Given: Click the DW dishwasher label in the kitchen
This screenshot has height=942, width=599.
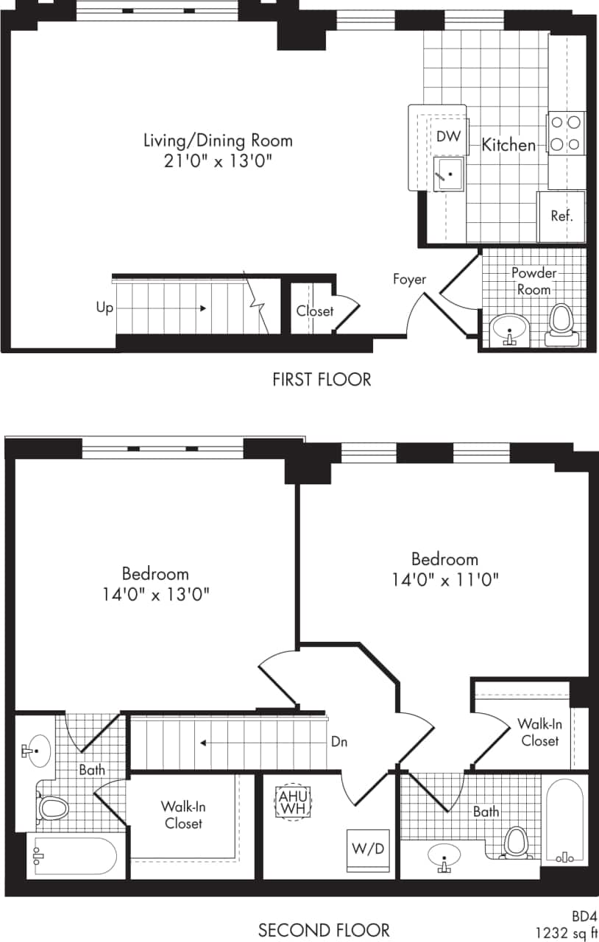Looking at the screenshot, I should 448,136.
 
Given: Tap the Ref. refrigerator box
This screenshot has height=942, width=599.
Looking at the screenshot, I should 561,216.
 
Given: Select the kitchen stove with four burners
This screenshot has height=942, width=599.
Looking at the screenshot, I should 565,133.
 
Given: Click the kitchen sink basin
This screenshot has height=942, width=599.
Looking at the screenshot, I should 448,174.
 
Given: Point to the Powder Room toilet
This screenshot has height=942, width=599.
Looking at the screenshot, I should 561,324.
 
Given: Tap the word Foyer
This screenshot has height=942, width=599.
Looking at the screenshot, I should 409,279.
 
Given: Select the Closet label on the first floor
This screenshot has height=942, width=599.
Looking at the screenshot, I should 315,311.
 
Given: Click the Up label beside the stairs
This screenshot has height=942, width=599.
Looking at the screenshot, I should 104,308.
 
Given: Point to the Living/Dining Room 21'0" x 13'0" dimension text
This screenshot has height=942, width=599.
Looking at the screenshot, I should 218,161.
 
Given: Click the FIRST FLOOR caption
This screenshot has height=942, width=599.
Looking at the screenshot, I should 322,379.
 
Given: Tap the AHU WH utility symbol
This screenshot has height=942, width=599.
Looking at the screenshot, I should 294,801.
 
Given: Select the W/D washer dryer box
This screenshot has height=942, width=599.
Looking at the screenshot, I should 368,849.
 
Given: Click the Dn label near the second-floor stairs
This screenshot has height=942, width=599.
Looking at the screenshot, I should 339,742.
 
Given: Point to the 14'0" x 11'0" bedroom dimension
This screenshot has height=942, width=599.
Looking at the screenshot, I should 445,579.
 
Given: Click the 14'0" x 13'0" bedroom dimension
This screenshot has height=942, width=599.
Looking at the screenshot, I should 155,594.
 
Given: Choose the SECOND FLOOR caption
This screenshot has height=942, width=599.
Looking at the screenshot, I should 324,930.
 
